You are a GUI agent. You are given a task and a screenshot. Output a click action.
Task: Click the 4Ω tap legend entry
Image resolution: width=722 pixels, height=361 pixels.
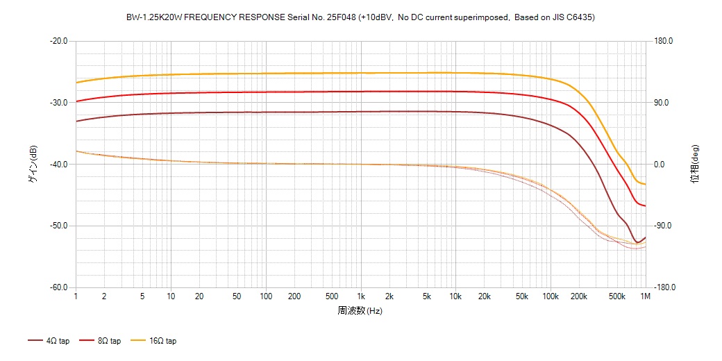pyautogui.click(x=49, y=341)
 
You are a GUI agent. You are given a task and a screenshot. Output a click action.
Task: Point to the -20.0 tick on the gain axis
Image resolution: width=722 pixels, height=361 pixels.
pyautogui.click(x=59, y=41)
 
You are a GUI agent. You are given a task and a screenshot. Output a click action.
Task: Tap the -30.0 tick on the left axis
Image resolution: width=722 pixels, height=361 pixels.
pyautogui.click(x=59, y=103)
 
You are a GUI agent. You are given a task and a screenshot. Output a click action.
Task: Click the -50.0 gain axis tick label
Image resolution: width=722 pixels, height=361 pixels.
pyautogui.click(x=59, y=226)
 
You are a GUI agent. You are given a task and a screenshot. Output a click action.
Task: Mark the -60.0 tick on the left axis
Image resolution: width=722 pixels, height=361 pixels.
pyautogui.click(x=59, y=288)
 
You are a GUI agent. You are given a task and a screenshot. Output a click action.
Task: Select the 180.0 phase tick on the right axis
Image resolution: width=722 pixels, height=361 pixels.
pyautogui.click(x=664, y=41)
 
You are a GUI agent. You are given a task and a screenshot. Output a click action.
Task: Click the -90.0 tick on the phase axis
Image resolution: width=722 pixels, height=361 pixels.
pyautogui.click(x=664, y=226)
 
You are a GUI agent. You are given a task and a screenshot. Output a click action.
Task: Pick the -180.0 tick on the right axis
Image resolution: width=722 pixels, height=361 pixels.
pyautogui.click(x=664, y=288)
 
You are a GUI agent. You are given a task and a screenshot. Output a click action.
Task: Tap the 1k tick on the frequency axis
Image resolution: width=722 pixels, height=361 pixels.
pyautogui.click(x=361, y=296)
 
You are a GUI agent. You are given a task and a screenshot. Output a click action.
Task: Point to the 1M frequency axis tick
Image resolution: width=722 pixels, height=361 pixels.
pyautogui.click(x=646, y=296)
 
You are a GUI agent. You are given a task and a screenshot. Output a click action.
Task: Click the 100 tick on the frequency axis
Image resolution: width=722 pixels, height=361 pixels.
pyautogui.click(x=266, y=296)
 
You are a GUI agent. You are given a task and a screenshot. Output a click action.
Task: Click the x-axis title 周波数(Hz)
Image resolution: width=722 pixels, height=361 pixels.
pyautogui.click(x=360, y=311)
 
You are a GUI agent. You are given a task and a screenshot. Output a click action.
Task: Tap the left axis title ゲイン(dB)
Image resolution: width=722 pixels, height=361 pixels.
pyautogui.click(x=32, y=165)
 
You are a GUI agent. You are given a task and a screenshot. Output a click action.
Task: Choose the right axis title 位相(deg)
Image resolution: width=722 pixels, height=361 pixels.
pyautogui.click(x=694, y=165)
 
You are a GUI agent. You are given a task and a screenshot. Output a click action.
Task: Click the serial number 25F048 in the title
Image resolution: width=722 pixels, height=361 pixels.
pyautogui.click(x=340, y=17)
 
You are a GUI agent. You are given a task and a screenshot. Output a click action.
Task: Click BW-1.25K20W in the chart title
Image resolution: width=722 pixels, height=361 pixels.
pyautogui.click(x=149, y=17)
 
